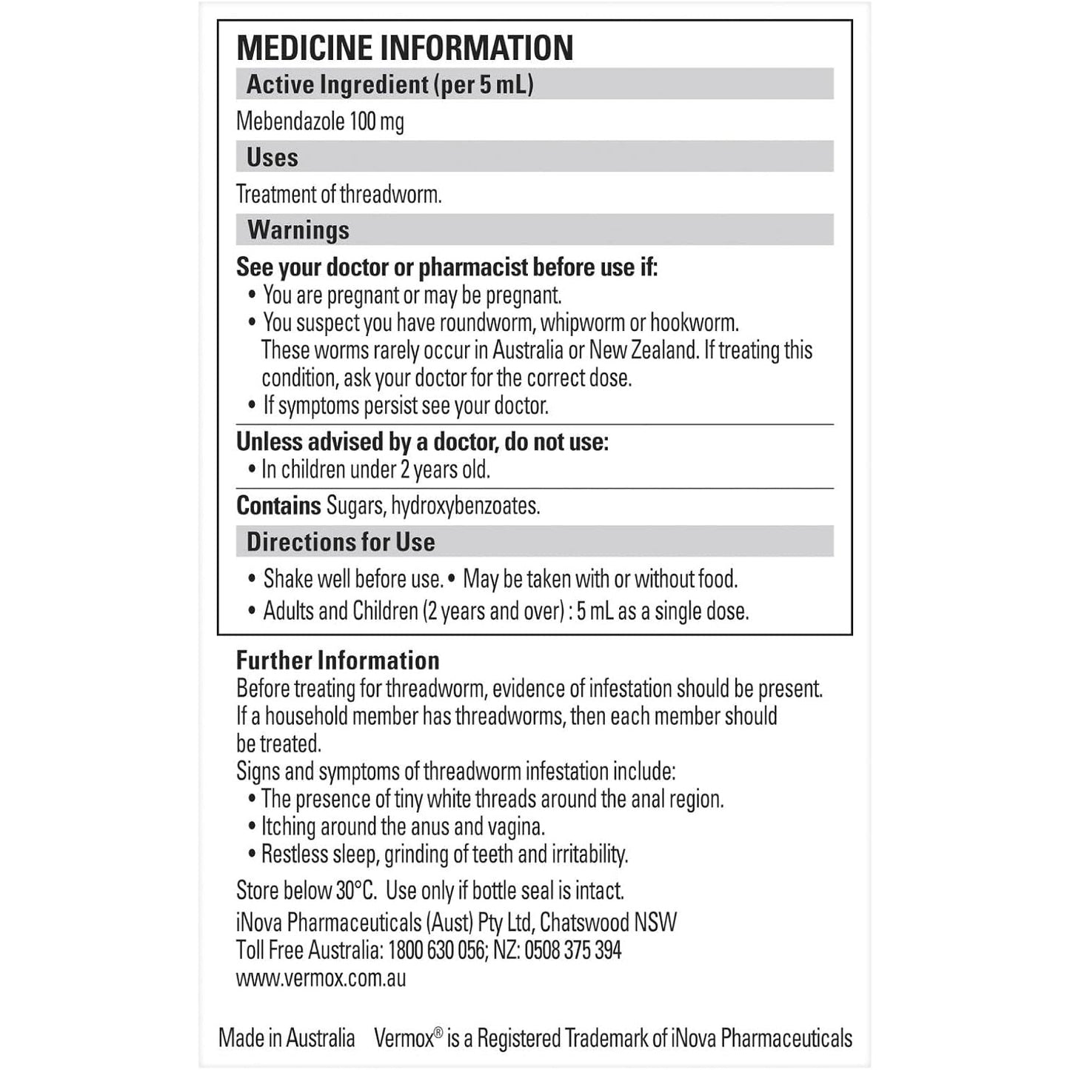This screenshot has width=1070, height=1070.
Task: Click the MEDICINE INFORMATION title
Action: (x=404, y=48)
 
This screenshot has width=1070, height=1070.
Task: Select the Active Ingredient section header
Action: (x=389, y=84)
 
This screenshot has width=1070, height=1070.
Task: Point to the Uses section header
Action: (x=272, y=158)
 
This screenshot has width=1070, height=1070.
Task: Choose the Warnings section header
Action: (x=298, y=230)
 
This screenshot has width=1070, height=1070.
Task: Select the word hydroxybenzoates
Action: (x=465, y=506)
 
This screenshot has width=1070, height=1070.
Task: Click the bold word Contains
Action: (x=278, y=506)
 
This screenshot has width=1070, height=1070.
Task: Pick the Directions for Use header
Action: (x=341, y=542)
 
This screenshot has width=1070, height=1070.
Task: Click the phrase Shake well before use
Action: (x=353, y=579)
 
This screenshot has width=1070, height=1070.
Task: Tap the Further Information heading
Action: (x=338, y=661)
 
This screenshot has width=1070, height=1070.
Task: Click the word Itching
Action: (x=287, y=826)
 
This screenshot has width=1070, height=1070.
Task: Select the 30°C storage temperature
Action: (x=355, y=890)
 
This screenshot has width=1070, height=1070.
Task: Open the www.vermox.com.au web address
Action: (x=321, y=978)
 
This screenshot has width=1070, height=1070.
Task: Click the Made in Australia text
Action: (x=287, y=1038)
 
